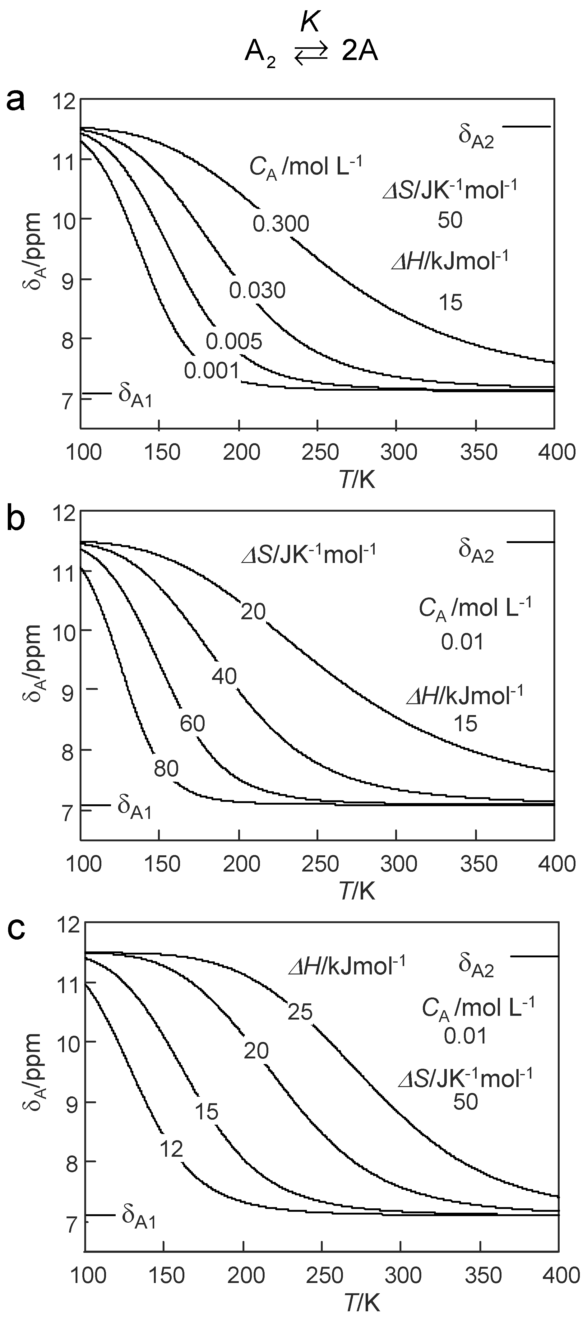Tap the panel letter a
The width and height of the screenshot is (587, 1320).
[15, 100]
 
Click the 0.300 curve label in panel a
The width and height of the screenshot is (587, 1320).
[281, 224]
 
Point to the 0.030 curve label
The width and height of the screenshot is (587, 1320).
[257, 290]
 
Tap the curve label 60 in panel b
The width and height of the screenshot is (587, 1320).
[192, 723]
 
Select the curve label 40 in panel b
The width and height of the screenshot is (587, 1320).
[224, 676]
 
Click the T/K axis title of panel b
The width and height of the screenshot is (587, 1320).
[357, 892]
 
